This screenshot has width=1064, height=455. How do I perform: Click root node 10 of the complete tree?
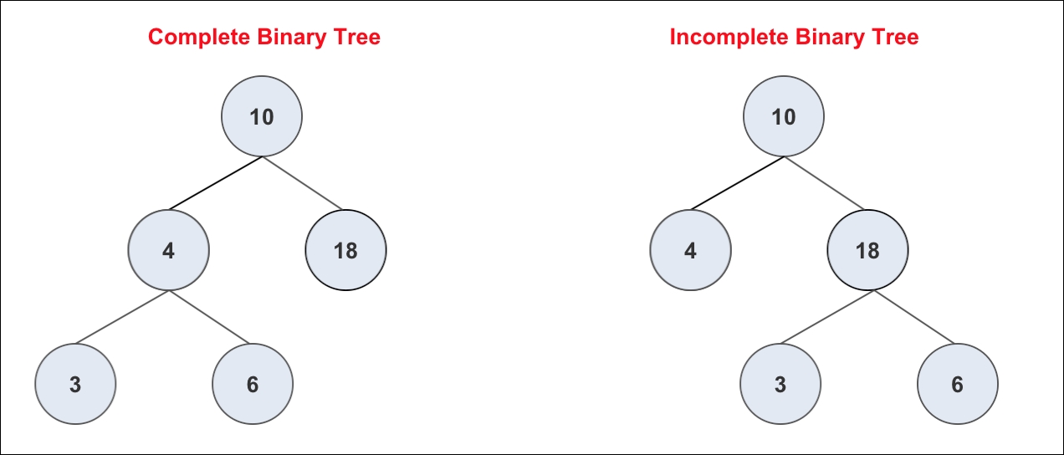point(262,116)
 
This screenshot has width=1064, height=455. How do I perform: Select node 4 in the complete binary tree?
point(169,250)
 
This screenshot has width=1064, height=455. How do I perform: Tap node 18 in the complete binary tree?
point(345,250)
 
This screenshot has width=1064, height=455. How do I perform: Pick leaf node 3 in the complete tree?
point(75,384)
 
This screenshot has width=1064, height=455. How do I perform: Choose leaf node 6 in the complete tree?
point(253,384)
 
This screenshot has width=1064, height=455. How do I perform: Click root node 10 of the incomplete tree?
point(784,116)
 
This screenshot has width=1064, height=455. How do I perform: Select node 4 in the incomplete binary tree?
point(691,250)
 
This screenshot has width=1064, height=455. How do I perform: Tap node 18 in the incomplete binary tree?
point(867,250)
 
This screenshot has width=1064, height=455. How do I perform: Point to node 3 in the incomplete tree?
point(780,384)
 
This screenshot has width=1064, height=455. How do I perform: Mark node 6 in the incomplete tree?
point(958,384)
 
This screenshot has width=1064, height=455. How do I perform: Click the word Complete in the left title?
point(199,38)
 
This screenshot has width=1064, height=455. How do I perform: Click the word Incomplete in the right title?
point(729,38)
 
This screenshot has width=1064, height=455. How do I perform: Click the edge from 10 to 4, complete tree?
point(215,183)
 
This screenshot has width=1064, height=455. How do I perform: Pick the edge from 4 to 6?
point(209,317)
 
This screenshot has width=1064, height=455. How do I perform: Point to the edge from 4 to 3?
point(122,317)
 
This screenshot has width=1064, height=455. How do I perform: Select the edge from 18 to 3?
point(827,317)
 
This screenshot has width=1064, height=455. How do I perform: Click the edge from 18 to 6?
point(914,317)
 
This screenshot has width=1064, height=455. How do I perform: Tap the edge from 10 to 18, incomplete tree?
point(824,183)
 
